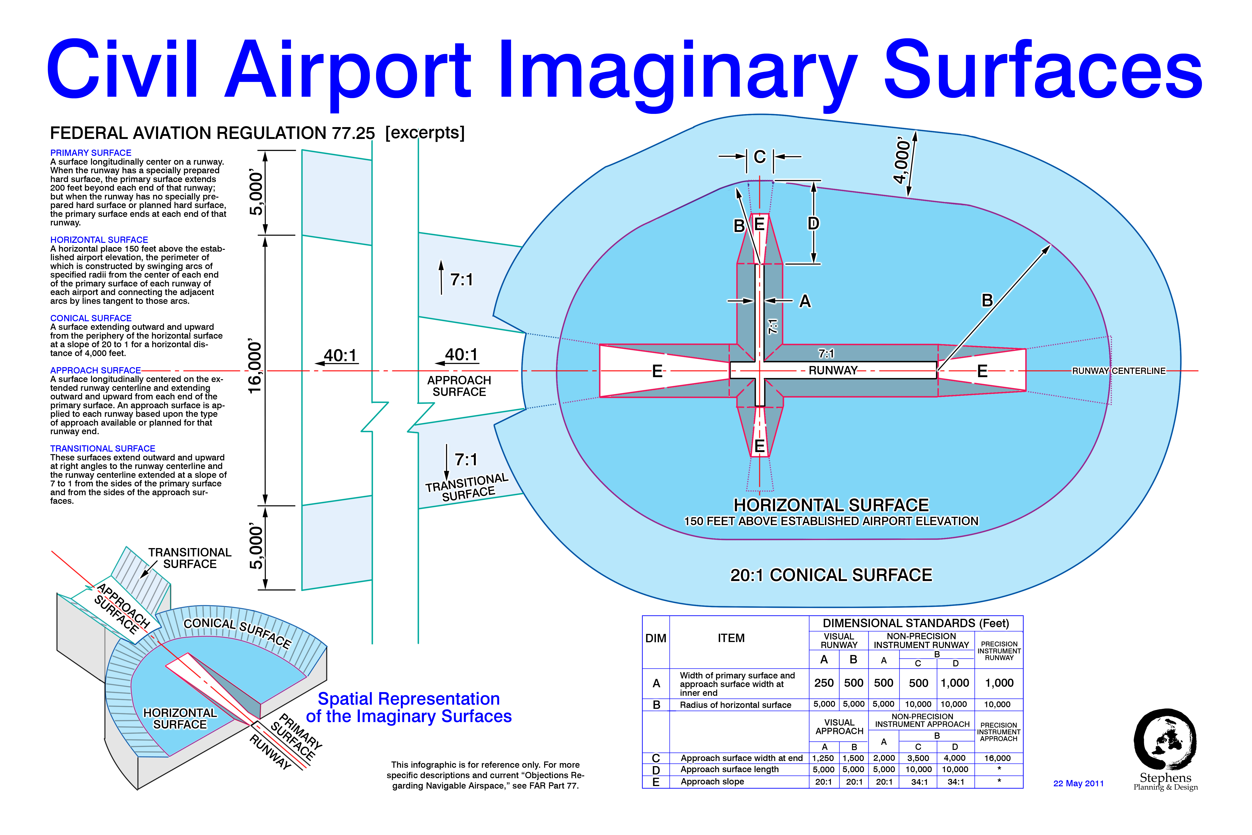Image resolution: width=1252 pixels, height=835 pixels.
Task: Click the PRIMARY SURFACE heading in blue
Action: pyautogui.click(x=90, y=153)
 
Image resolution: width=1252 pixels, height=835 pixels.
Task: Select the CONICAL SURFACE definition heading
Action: pyautogui.click(x=90, y=318)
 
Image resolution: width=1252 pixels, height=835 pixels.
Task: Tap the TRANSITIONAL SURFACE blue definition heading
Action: pyautogui.click(x=103, y=448)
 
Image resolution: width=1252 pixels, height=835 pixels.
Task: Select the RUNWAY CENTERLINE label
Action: pyautogui.click(x=1118, y=371)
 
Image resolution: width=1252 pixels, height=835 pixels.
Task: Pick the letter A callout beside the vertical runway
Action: pyautogui.click(x=805, y=301)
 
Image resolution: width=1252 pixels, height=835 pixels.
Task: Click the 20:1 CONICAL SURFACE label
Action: pyautogui.click(x=831, y=575)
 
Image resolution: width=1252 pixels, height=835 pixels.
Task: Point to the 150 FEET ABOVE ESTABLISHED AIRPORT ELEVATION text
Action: pyautogui.click(x=831, y=521)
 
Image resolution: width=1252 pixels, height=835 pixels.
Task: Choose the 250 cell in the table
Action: pyautogui.click(x=824, y=683)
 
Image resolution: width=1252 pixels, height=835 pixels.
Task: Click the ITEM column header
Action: pyautogui.click(x=731, y=638)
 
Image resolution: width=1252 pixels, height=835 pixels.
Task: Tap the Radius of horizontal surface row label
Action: pyautogui.click(x=735, y=705)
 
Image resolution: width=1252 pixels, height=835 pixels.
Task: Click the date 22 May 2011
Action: pyautogui.click(x=1079, y=783)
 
